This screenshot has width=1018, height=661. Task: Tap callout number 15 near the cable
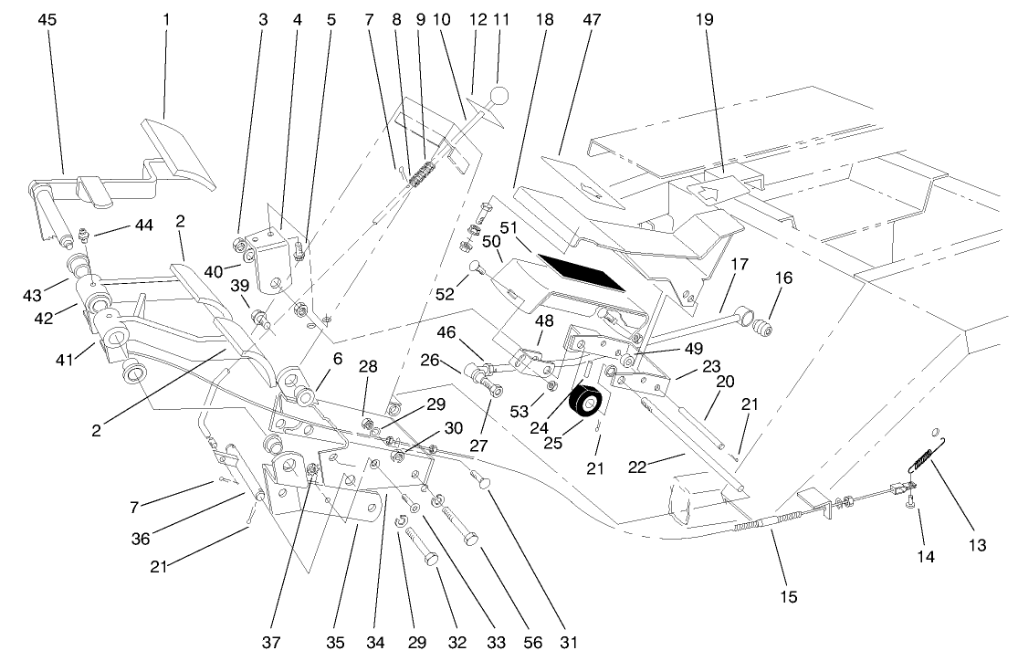tap(788, 597)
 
